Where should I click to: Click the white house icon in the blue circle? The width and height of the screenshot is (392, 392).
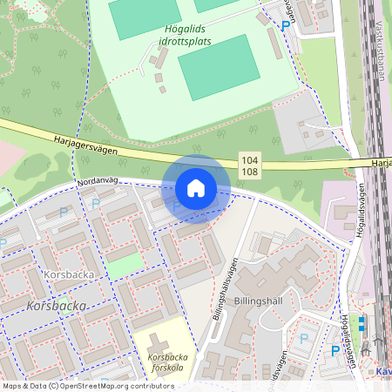pyautogui.click(x=196, y=188)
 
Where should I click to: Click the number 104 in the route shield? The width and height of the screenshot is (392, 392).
pyautogui.click(x=250, y=160)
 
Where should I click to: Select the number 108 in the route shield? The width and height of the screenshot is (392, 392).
pyautogui.click(x=250, y=172)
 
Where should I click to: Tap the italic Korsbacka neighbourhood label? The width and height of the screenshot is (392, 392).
pyautogui.click(x=56, y=306)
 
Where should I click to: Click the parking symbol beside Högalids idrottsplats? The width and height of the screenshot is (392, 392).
pyautogui.click(x=286, y=26)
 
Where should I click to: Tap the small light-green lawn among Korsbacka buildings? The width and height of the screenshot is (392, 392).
pyautogui.click(x=123, y=265)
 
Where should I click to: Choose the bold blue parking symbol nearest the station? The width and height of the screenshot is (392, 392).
pyautogui.click(x=335, y=351)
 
